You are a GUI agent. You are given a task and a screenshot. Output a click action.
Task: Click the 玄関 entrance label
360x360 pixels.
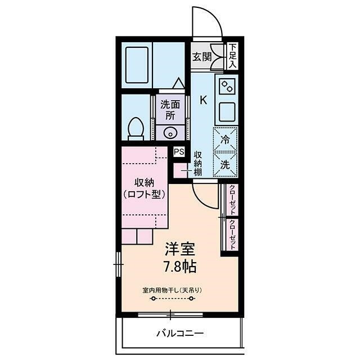click(202, 57)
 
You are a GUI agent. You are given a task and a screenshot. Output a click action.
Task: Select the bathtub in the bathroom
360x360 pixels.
click(137, 65)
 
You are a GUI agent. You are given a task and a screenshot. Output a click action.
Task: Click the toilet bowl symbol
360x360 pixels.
click(136, 129)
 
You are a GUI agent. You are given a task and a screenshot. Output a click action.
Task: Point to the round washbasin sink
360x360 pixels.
click(170, 133)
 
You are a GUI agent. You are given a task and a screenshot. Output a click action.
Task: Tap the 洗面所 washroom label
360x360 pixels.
click(170, 110)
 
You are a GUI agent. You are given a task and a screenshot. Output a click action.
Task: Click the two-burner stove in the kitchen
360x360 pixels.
click(227, 86)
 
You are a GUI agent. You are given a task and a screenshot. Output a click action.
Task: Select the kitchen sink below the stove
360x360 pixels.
click(227, 112)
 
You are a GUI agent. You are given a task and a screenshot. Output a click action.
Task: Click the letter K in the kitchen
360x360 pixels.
click(204, 100)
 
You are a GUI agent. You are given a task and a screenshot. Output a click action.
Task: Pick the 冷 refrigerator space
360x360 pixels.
click(225, 139)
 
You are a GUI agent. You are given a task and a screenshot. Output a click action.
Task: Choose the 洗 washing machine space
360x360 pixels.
click(225, 164)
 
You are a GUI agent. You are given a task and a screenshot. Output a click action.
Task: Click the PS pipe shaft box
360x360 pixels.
click(179, 151)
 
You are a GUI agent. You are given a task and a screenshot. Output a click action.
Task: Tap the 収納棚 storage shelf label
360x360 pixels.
click(198, 164)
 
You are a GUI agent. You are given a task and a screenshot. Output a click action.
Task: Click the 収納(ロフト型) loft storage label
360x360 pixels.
click(144, 188)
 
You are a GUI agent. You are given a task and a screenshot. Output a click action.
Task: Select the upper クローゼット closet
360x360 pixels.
click(232, 200)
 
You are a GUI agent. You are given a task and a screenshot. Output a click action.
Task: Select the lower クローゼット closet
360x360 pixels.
click(232, 235)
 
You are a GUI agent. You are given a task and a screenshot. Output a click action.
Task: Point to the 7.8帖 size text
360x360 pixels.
click(180, 267)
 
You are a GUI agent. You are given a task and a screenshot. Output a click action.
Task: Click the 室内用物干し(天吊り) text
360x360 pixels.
click(172, 290)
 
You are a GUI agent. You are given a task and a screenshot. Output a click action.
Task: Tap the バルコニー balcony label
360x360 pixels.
click(180, 333)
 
